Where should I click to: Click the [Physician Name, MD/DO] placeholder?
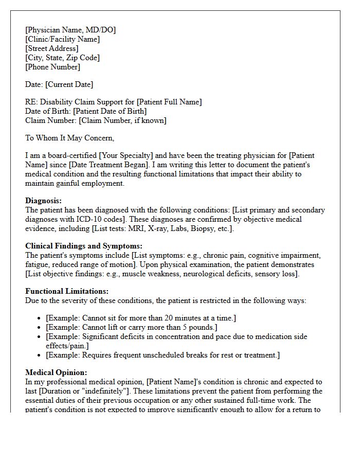point(70,30)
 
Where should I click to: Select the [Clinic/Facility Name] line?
point(62,39)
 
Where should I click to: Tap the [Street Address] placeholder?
point(52,48)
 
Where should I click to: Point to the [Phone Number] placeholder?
point(52,67)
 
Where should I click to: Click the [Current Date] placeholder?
point(69,84)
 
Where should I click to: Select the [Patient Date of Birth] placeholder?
point(110,111)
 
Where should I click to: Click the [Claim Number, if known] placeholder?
point(122,120)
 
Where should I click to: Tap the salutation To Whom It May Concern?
point(69,138)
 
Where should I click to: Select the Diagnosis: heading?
point(43,201)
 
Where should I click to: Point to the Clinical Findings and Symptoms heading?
point(84,246)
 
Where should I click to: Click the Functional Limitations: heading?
point(67,291)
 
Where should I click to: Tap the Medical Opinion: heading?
point(56,372)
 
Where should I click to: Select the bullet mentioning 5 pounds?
point(131,327)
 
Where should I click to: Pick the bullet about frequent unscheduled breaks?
point(163,355)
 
